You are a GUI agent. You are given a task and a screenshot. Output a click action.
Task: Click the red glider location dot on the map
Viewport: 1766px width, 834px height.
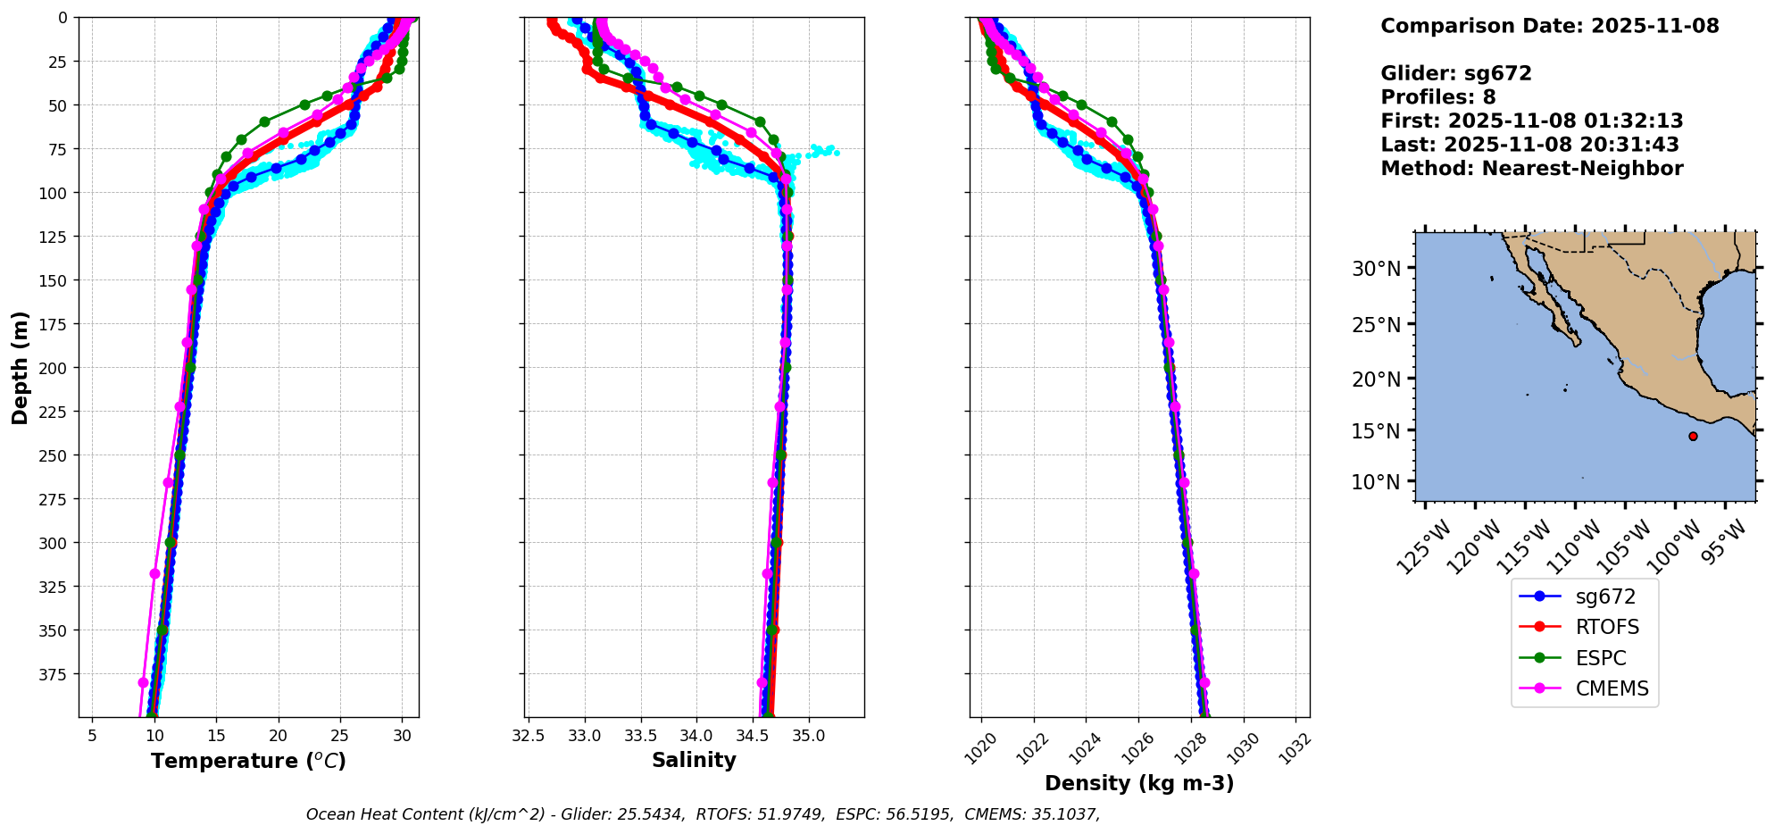tap(1693, 436)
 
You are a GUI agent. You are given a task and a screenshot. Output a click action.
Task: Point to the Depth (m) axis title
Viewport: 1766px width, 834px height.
tap(21, 368)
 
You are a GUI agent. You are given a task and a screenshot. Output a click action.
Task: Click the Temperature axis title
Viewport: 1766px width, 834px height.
tap(248, 761)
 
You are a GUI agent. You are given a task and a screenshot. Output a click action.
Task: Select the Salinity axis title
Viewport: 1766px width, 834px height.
tap(694, 761)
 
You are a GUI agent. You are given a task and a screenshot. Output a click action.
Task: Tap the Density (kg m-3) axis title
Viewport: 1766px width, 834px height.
tap(1139, 783)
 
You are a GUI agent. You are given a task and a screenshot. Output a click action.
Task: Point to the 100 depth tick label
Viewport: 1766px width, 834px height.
tap(54, 193)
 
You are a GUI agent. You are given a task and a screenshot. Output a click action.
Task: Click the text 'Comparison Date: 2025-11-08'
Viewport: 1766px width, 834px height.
tap(1549, 26)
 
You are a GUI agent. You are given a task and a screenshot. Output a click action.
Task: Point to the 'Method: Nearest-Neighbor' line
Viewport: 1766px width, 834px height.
tap(1531, 169)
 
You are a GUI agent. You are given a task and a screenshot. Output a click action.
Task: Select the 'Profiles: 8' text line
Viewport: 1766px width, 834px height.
tap(1437, 97)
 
